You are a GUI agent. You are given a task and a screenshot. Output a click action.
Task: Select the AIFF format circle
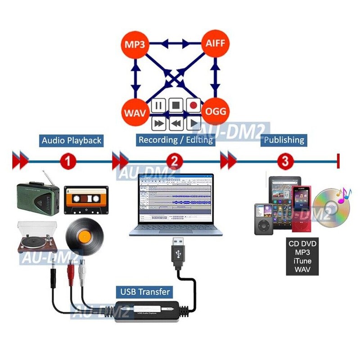[x=215, y=44]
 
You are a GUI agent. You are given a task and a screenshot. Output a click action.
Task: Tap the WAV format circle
[x=134, y=111]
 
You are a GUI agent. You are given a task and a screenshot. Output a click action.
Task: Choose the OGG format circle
[x=215, y=111]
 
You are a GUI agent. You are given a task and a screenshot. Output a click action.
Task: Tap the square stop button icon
[x=176, y=106]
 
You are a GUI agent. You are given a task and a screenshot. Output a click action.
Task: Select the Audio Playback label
[x=72, y=140]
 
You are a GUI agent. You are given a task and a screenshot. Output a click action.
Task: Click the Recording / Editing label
[x=175, y=140]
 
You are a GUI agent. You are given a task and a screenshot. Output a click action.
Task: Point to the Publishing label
[x=284, y=140]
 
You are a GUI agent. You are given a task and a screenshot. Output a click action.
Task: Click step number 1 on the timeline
[x=67, y=160]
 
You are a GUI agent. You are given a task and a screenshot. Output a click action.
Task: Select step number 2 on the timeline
[x=175, y=160]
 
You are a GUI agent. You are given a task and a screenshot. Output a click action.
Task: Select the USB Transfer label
[x=145, y=292]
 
